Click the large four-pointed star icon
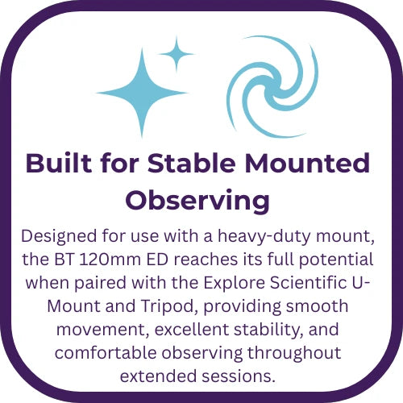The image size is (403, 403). pos(142,93)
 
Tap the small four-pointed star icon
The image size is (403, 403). pos(177,54)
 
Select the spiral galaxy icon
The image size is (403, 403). pos(272,87)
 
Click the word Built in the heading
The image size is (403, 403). pos(59,163)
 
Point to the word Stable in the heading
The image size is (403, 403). pos(192,163)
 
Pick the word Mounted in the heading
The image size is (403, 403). pos(307,163)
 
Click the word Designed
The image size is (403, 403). pos(59,236)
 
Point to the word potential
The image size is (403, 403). pos(336,260)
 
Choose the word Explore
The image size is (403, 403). pos(235,284)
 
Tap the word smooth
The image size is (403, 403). pos(317,306)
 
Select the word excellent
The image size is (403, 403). pos(191,330)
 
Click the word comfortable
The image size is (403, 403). pos(106,353)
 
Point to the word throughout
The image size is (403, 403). pos(294,354)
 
